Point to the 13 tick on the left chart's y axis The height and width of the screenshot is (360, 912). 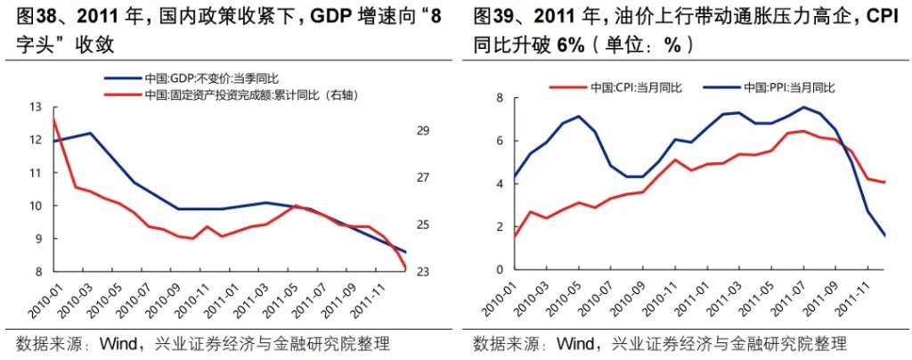36,108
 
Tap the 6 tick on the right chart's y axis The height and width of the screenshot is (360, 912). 501,141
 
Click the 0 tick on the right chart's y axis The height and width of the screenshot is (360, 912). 501,270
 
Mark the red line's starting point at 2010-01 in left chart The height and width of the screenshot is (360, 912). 54,118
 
